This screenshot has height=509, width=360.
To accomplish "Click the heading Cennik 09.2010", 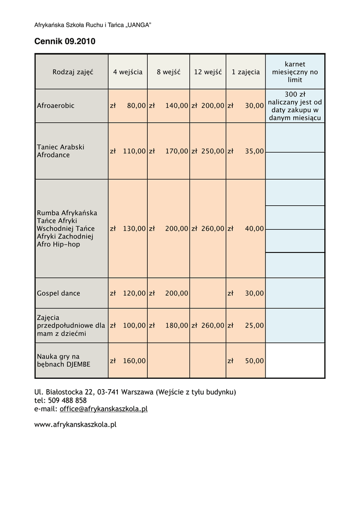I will pyautogui.click(x=64, y=42).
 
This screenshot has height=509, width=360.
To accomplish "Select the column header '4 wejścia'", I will pyautogui.click(x=127, y=72).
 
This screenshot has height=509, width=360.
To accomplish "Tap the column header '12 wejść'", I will pyautogui.click(x=208, y=72).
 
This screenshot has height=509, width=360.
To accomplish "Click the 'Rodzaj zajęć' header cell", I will pyautogui.click(x=73, y=72).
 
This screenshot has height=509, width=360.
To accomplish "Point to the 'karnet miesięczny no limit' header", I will pyautogui.click(x=295, y=72).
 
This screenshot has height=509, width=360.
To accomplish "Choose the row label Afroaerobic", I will pyautogui.click(x=56, y=106).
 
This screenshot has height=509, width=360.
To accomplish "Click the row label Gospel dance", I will pyautogui.click(x=58, y=293).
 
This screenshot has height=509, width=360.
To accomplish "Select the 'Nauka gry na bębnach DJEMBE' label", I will pyautogui.click(x=64, y=360).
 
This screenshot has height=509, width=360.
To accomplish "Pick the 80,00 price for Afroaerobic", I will pyautogui.click(x=136, y=106).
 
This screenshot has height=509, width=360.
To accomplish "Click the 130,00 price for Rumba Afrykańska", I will pyautogui.click(x=134, y=229).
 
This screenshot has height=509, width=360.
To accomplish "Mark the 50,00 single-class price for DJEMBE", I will pyautogui.click(x=254, y=361).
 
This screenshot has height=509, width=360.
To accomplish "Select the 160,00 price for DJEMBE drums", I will pyautogui.click(x=134, y=361).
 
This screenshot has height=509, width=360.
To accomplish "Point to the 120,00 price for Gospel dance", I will pyautogui.click(x=134, y=293).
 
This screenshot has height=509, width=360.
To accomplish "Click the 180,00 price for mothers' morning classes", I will pyautogui.click(x=177, y=326).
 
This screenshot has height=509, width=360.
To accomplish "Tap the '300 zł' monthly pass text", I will pyautogui.click(x=295, y=94).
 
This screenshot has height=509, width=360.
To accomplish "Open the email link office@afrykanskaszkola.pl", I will pyautogui.click(x=103, y=409).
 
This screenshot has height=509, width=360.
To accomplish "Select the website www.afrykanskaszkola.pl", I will pyautogui.click(x=75, y=424).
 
